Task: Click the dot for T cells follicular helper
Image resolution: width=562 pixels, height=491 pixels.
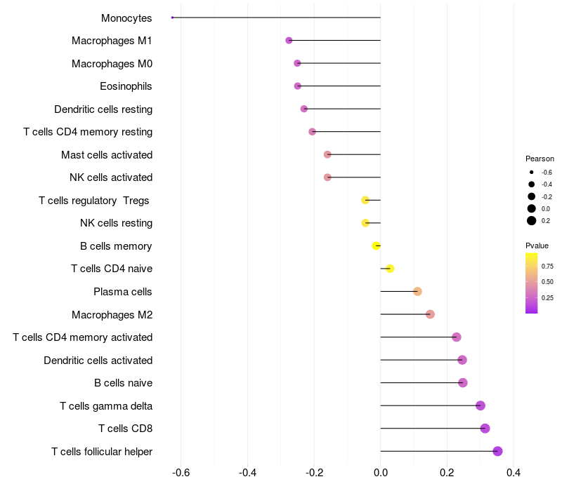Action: coord(497,451)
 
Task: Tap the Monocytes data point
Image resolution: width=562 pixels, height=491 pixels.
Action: coord(172,18)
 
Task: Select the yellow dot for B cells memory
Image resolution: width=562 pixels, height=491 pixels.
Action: coord(377,245)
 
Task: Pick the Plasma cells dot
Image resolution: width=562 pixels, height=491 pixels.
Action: coord(417,291)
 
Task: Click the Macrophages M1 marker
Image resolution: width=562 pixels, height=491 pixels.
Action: coord(289,41)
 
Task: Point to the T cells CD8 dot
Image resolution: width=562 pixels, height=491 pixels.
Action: coord(485,429)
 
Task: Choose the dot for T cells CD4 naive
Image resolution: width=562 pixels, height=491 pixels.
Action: coord(390,269)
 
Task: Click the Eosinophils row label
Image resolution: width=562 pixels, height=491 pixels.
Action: coord(126,86)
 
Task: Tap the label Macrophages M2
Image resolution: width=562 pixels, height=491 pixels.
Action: coord(112,314)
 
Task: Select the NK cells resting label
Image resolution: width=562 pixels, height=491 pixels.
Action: coord(117,223)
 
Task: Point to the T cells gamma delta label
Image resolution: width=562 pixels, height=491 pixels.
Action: coord(106,405)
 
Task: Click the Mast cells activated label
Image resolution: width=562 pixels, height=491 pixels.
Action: coord(107,154)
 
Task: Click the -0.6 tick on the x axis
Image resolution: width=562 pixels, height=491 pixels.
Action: coord(181,472)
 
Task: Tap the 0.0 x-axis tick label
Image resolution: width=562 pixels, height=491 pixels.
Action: coord(381,472)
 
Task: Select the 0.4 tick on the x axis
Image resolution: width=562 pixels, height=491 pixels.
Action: coord(514,472)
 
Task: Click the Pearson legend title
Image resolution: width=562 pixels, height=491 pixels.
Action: coord(540,159)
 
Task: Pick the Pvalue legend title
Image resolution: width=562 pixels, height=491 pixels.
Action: coord(537,245)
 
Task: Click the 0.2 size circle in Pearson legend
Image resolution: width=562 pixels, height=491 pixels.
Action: coord(532,221)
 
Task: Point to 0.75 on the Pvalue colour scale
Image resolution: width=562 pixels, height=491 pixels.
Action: coord(547,267)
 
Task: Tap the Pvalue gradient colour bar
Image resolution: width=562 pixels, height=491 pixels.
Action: coord(531,283)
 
